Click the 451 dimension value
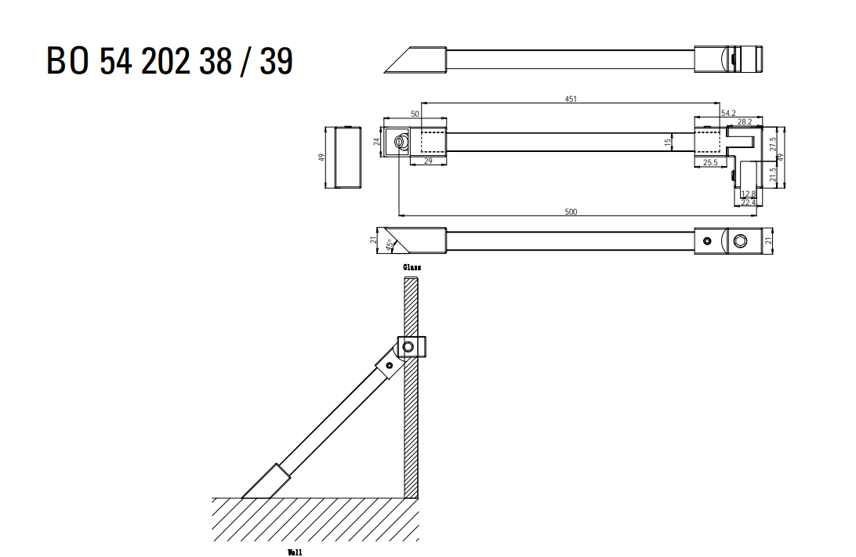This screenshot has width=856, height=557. tap(571, 99)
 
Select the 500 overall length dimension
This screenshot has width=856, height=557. tap(571, 212)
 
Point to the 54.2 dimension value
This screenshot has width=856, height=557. tap(728, 114)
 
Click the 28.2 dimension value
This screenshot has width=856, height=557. tap(745, 121)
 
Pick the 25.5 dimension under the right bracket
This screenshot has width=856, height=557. tap(710, 162)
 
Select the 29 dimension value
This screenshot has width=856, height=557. tap(428, 161)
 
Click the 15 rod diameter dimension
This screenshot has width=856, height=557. tap(668, 143)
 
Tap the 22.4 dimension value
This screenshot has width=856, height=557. tap(749, 203)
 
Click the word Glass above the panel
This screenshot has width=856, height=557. tap(412, 267)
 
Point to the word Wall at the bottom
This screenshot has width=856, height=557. tap(295, 552)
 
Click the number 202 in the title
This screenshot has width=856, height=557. tap(165, 60)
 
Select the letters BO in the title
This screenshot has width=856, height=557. tap(67, 60)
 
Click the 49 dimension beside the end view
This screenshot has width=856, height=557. tap(321, 157)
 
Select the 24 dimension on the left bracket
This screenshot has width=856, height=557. tap(377, 142)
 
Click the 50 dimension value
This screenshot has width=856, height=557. tap(415, 114)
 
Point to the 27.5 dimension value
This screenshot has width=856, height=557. tap(772, 144)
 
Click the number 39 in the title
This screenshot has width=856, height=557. tap(276, 60)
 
